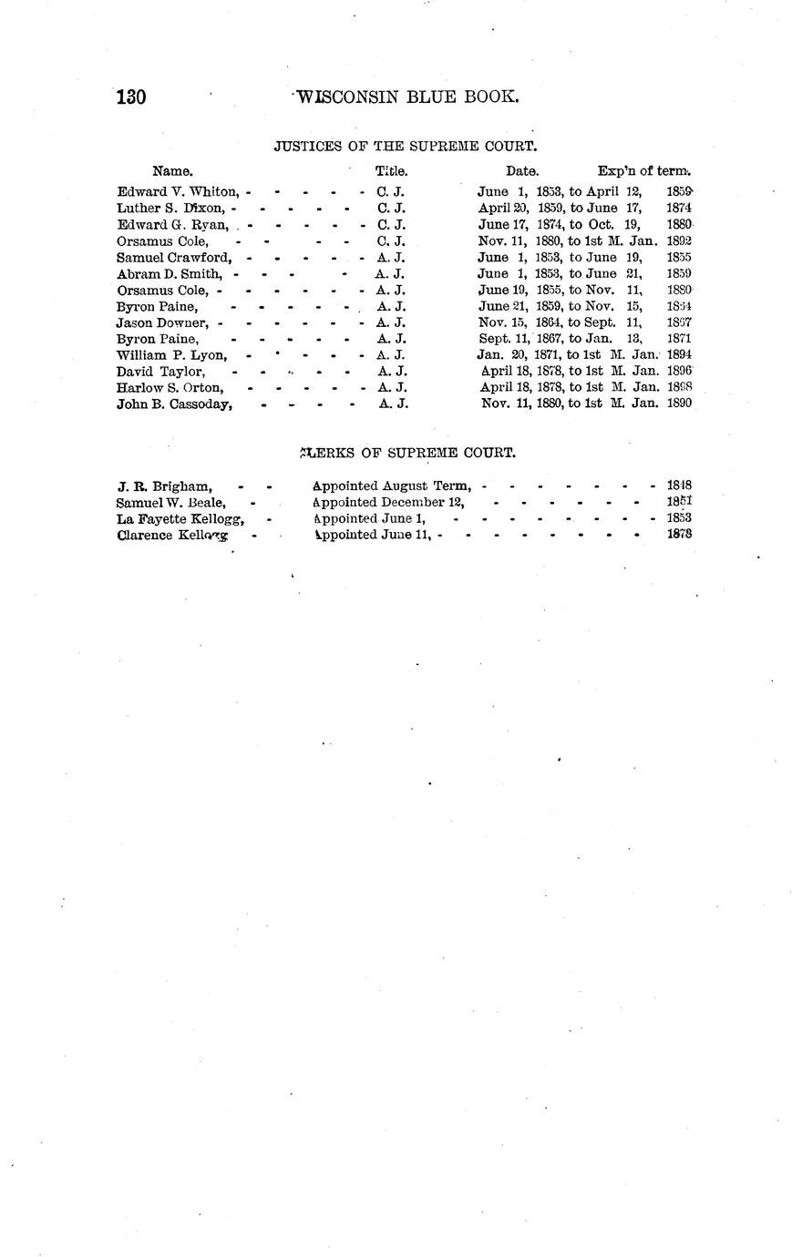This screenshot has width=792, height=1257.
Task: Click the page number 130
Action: [131, 97]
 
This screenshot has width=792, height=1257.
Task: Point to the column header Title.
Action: [391, 170]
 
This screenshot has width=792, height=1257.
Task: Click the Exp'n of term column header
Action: [644, 170]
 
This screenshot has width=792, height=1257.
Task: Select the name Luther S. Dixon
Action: [171, 208]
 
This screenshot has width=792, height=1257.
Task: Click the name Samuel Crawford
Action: [175, 258]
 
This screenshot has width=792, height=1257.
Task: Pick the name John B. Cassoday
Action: [174, 404]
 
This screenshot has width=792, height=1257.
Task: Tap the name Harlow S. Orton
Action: [170, 387]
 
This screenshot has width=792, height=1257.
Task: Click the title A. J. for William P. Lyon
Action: [391, 354]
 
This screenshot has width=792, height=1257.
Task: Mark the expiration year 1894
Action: [679, 354]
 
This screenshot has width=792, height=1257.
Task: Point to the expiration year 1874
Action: [679, 208]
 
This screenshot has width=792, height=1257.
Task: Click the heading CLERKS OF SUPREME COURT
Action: [406, 452]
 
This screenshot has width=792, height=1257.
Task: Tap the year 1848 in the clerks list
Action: [679, 486]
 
